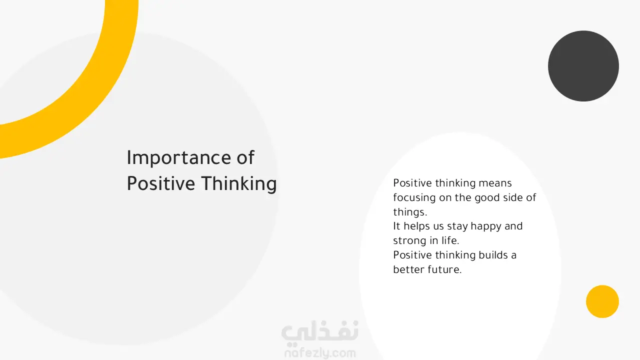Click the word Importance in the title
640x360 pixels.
[x=179, y=158]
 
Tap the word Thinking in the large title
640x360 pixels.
[x=239, y=184]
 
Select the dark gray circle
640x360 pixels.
[x=583, y=66]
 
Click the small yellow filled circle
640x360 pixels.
[x=602, y=301]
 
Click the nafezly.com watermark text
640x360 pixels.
[x=320, y=353]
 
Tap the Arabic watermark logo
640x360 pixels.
[x=319, y=332]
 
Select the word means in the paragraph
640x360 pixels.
[x=495, y=183]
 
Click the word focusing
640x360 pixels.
[x=414, y=198]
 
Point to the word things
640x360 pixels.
[x=410, y=212]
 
